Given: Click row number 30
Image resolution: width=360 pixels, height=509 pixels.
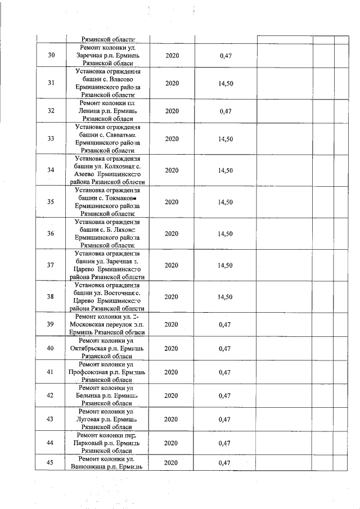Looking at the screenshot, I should click(51, 56).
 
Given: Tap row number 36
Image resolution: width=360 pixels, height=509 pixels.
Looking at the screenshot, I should click(51, 233).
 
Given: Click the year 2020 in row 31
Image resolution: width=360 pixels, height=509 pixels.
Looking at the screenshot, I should click(172, 83).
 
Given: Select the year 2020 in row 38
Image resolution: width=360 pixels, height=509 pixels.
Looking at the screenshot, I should click(172, 296).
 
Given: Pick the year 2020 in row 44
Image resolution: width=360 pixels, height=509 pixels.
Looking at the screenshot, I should click(172, 443).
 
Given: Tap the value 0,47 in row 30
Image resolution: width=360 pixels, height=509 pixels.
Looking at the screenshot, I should click(225, 56).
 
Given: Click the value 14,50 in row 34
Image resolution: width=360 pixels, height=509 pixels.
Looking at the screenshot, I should click(225, 170).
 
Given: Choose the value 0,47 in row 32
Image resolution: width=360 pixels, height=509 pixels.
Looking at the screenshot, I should click(225, 111).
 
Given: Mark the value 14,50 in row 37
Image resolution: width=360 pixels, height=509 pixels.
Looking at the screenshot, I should click(225, 265).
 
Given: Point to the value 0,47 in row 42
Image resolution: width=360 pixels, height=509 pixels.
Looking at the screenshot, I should click(225, 396).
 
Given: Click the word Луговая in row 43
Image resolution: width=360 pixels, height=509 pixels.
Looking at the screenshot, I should click(91, 420).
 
